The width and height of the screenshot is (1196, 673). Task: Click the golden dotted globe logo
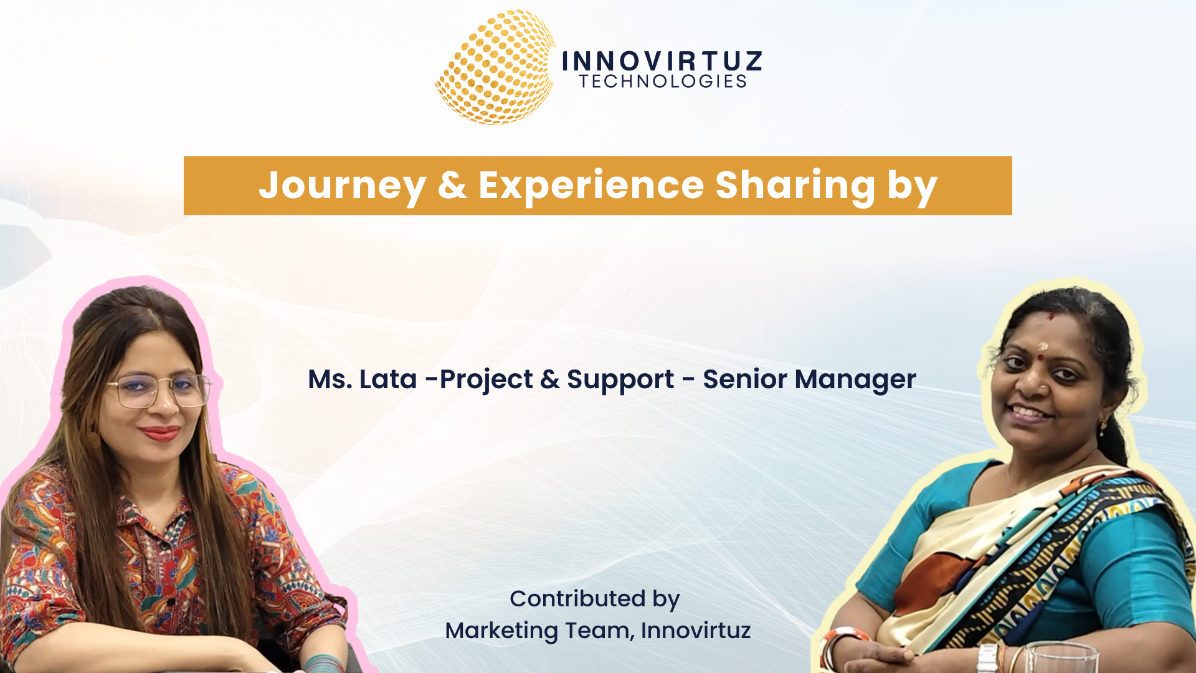495,68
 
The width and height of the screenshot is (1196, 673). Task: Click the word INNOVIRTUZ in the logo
662,61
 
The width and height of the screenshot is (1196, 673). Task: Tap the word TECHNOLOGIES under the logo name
663,82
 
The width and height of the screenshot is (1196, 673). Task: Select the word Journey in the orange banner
342,186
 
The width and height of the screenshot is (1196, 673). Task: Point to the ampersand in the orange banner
452,185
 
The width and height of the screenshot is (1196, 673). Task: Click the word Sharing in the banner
795,186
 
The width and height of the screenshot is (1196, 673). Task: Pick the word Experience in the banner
591,186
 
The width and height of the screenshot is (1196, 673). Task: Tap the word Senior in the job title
743,379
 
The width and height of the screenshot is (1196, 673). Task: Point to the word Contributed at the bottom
577,599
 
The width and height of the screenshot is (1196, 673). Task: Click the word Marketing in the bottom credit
501,631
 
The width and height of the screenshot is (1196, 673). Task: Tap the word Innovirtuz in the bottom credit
695,631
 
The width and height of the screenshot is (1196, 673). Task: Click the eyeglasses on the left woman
159,390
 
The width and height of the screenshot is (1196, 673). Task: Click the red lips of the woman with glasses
160,432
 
